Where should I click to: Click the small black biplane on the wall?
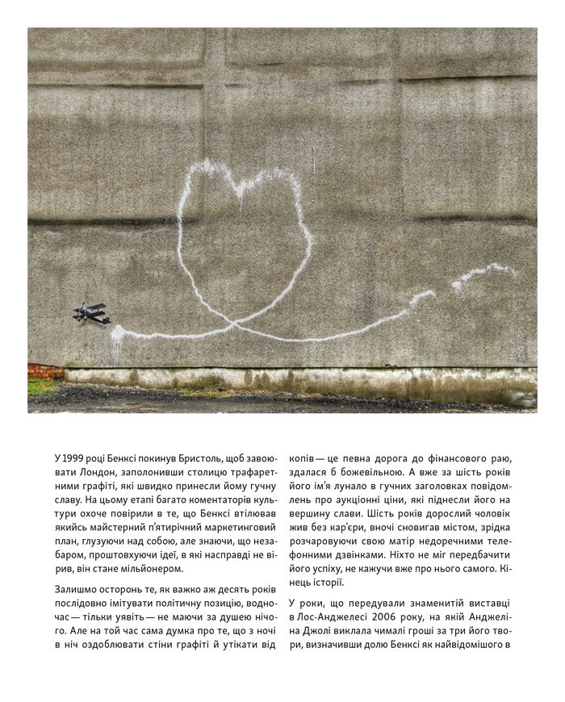(x=92, y=313)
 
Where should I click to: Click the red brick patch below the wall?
(x=45, y=372)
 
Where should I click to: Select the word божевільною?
(x=379, y=473)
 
